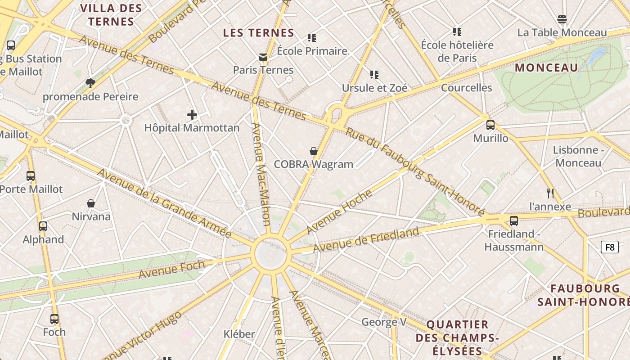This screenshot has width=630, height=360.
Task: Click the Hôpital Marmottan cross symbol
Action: [x=192, y=115]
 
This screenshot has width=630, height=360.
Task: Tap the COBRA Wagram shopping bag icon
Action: [x=314, y=151]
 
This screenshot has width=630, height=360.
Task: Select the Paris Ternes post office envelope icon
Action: [x=263, y=57]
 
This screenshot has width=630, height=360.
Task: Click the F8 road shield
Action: [x=610, y=247]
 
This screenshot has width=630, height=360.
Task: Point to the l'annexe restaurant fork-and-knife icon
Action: [x=550, y=193]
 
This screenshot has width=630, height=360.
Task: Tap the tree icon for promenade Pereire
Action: [x=90, y=83]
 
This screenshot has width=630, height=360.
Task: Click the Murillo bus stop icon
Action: [x=490, y=125]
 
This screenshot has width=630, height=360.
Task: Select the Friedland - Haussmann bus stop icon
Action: [x=514, y=221]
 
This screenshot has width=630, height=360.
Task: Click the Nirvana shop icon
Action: [x=91, y=203]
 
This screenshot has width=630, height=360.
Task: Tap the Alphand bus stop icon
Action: [x=43, y=226]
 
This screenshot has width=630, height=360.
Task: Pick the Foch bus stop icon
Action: [x=54, y=319]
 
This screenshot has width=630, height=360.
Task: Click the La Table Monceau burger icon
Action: [x=562, y=19]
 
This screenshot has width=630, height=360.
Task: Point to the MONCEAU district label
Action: [x=546, y=68]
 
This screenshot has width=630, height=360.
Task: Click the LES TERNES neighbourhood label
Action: [x=259, y=33]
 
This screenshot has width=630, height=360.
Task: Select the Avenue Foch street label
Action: [x=171, y=269]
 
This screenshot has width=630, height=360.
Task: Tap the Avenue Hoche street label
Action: [x=339, y=212]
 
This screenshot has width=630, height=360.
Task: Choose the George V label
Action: [x=384, y=322]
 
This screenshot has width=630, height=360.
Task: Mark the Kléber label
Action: [x=239, y=334]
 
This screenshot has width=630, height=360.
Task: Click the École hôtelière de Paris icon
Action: [x=457, y=32]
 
